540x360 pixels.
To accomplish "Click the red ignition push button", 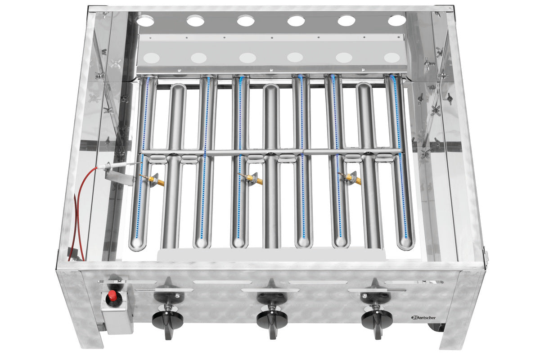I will click(112, 297).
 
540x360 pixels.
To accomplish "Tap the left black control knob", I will click(167, 319).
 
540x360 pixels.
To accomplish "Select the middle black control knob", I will click(272, 319).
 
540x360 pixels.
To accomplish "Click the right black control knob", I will click(377, 319).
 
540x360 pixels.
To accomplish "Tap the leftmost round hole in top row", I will click(145, 21).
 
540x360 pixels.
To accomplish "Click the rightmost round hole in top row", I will click(396, 21).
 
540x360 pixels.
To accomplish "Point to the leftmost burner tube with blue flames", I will click(142, 162).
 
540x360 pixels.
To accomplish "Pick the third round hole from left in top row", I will click(246, 21).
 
